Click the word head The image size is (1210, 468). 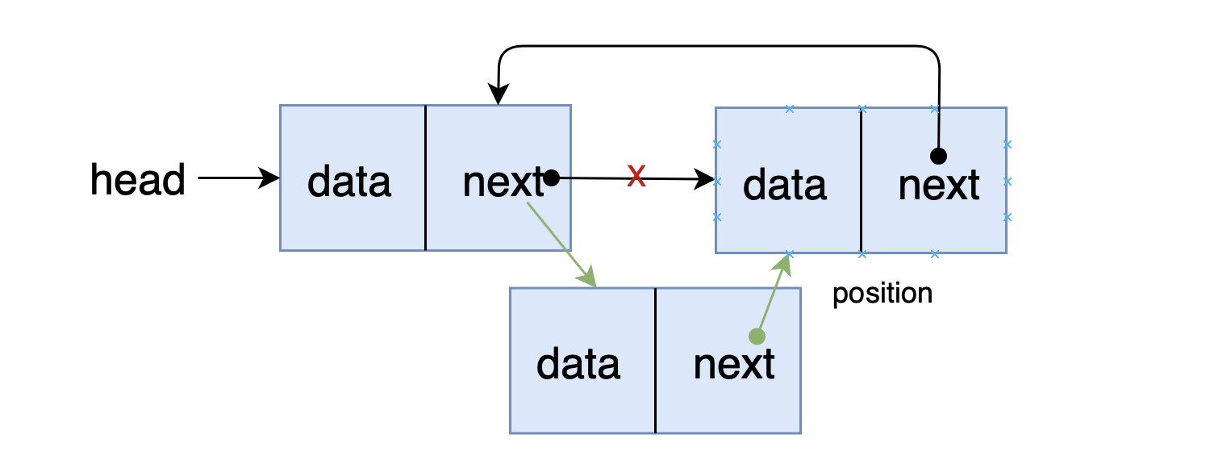pos(138,179)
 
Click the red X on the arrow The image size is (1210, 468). pos(636,176)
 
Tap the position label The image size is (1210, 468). pos(882,294)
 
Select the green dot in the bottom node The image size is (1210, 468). pos(757,336)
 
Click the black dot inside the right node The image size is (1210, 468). pos(938,157)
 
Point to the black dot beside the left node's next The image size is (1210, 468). pos(551,178)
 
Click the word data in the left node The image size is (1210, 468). pos(349,182)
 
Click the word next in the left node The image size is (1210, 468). pos(503,182)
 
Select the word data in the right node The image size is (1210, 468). pos(785,186)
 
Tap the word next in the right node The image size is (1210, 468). pos(939,186)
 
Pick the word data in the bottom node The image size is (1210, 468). pos(578,364)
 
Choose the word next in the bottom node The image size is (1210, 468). pos(734,364)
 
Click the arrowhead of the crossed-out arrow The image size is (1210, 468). pos(704,179)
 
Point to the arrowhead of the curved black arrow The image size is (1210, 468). pos(498,94)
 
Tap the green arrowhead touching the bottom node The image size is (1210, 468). pos(587,277)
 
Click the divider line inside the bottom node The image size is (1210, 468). pos(655,361)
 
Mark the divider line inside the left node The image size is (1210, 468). pos(426,178)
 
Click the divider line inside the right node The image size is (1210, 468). pos(861,181)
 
